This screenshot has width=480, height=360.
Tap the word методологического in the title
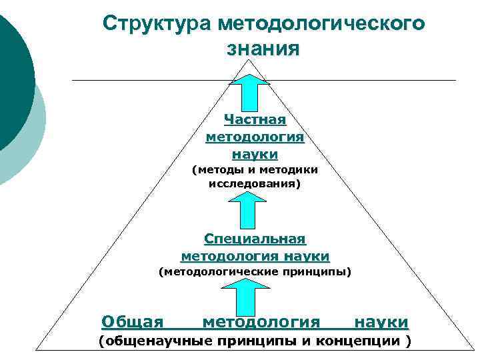pos(319,23)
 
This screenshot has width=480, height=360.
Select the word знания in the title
pos(263,48)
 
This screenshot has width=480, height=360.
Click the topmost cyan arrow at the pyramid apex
pos(249,93)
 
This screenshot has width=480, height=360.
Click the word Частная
pos(255,120)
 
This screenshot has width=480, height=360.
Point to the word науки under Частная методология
pos(255,155)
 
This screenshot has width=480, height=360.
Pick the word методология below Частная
pos(255,137)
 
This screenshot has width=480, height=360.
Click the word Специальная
pos(255,239)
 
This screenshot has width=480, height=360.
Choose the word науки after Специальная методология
pos(306,256)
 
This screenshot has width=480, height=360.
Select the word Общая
pos(133,323)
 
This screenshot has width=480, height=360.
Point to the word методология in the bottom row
pos(261,323)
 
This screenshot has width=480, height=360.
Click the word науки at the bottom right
pos(381,323)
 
